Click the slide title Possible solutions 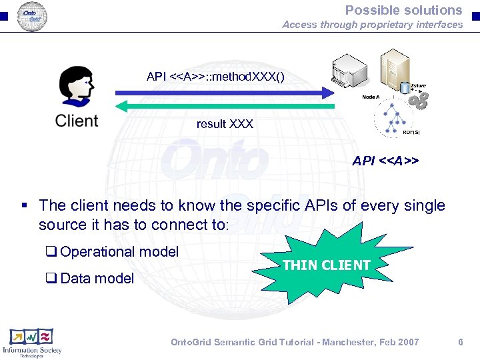point(403,10)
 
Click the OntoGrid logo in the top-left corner point(31,15)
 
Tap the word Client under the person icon point(77,121)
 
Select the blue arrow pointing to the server point(227,93)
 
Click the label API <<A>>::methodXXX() point(215,76)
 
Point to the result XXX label point(225,124)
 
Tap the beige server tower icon point(393,70)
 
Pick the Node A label point(371,97)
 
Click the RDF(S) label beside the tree point(411,132)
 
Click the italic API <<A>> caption point(385,161)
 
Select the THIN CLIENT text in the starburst point(327,265)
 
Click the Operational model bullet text point(119,251)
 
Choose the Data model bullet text point(97,278)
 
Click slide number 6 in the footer point(460,342)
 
